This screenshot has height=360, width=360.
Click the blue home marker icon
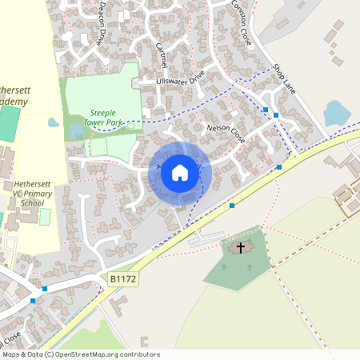pos(180,172)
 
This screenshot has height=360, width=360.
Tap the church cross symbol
pos(240,247)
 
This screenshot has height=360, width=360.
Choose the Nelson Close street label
pos(226,132)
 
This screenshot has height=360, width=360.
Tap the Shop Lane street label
pos(284,78)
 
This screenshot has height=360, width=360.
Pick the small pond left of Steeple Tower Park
pos(54,122)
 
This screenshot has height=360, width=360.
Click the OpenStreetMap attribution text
pos(80,354)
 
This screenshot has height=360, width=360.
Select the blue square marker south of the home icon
pos(232,206)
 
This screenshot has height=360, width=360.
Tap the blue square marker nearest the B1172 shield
pos(45,288)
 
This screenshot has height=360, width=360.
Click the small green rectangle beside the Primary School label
pos(45,217)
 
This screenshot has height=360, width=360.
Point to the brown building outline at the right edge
pos(350,201)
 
